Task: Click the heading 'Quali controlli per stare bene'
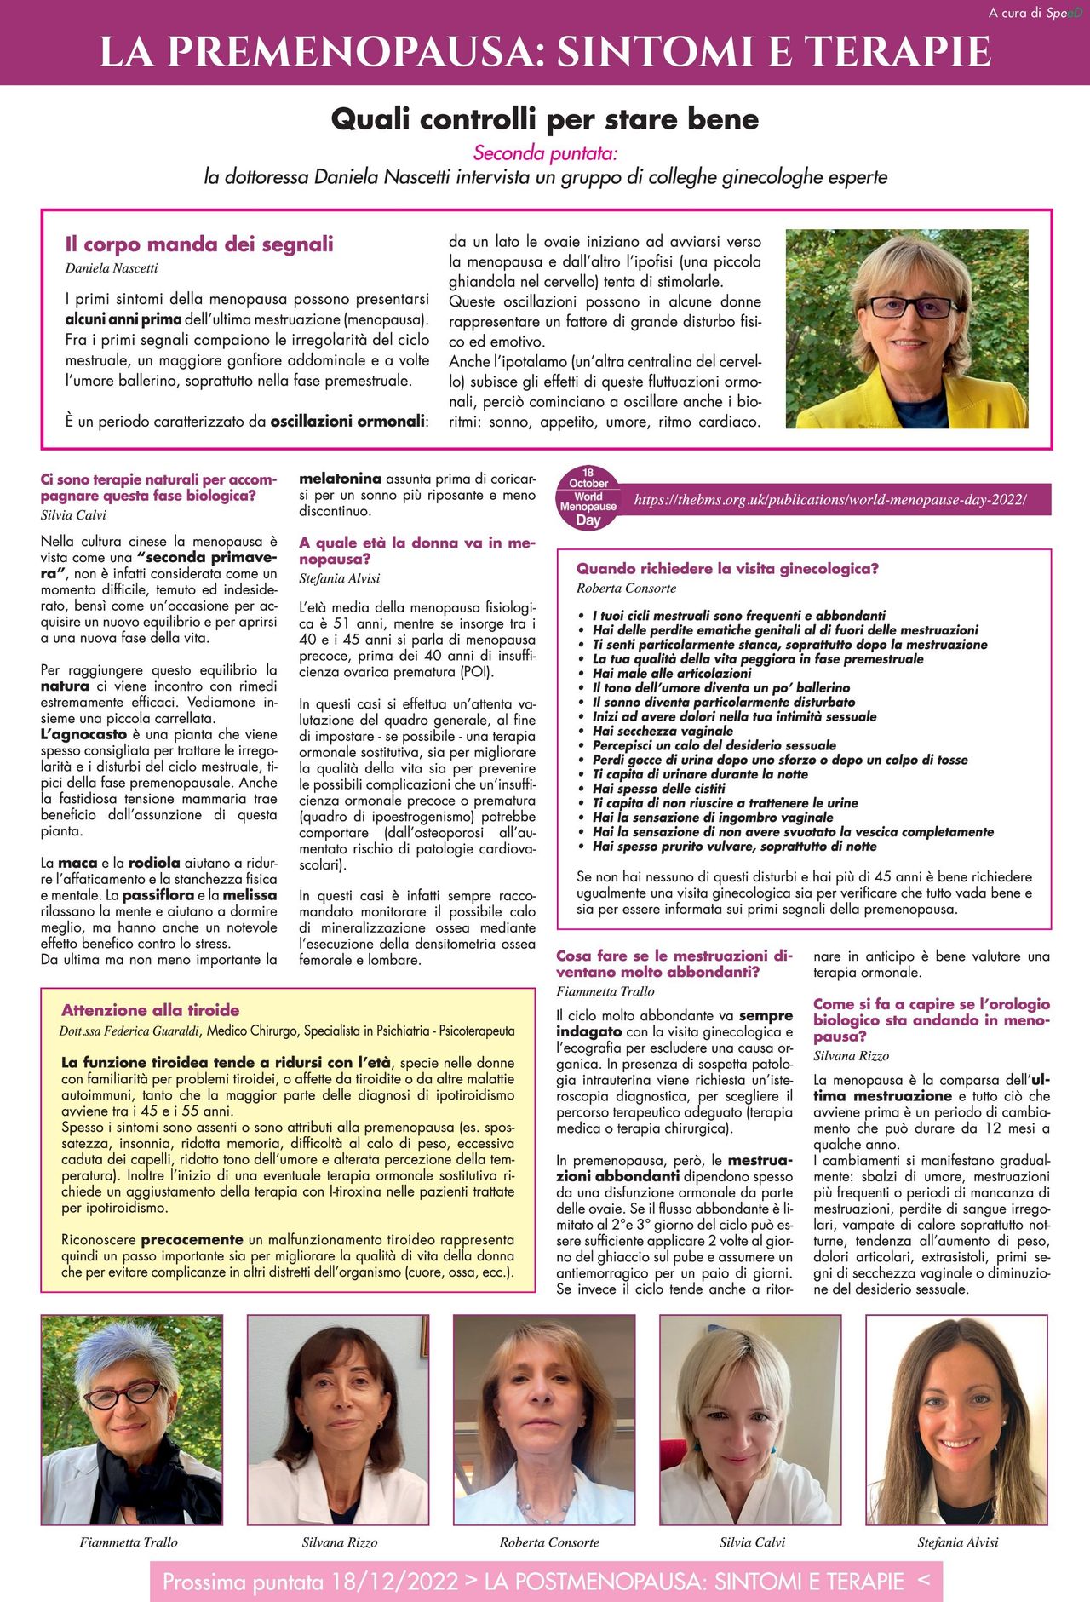click(544, 118)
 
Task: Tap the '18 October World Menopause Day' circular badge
click(588, 497)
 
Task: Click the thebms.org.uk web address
click(829, 500)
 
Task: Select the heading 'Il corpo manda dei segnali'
click(199, 244)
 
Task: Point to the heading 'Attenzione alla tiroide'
click(150, 1010)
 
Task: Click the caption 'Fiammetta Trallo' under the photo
click(129, 1542)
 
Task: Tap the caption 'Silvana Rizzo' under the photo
click(339, 1542)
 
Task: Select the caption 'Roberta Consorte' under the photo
click(549, 1542)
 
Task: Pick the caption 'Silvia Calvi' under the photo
click(752, 1542)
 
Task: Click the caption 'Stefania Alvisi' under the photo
click(957, 1542)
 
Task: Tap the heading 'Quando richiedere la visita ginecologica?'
click(727, 569)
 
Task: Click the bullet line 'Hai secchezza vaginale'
click(663, 731)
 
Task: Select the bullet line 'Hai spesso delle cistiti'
click(659, 789)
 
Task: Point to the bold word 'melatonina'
click(340, 479)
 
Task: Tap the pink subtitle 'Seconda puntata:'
click(545, 153)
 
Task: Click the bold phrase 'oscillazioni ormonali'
click(347, 421)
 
